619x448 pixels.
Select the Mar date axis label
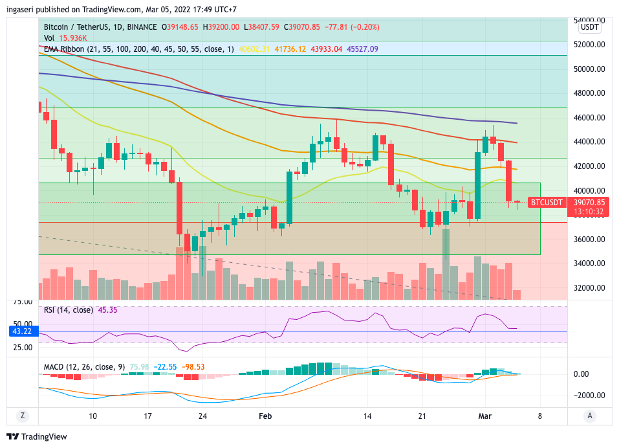click(x=484, y=416)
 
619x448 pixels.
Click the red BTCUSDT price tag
click(x=547, y=203)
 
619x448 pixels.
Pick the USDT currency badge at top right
click(x=589, y=27)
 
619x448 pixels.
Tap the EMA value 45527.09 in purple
click(x=362, y=49)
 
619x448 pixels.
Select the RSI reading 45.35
click(x=107, y=309)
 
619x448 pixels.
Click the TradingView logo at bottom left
click(x=36, y=436)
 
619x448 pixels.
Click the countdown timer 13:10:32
click(x=588, y=212)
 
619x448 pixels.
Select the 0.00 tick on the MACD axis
click(x=580, y=374)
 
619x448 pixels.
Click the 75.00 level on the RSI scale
click(x=23, y=302)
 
